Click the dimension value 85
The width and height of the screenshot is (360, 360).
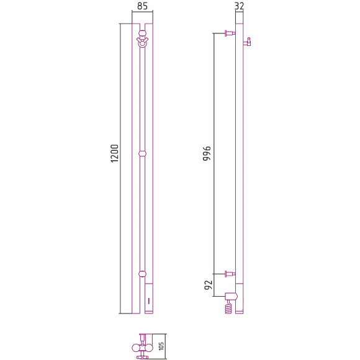142,6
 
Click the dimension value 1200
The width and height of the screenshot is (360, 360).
115,153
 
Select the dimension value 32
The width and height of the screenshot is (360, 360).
239,6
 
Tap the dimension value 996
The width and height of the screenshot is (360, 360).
207,153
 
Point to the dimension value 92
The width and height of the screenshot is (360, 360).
209,285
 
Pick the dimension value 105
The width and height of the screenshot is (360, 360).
161,346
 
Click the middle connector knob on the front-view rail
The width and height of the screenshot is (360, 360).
142,153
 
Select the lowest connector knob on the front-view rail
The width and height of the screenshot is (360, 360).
142,274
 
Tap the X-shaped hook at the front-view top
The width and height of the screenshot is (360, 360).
142,42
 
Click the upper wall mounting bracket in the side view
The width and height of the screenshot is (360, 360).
230,34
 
